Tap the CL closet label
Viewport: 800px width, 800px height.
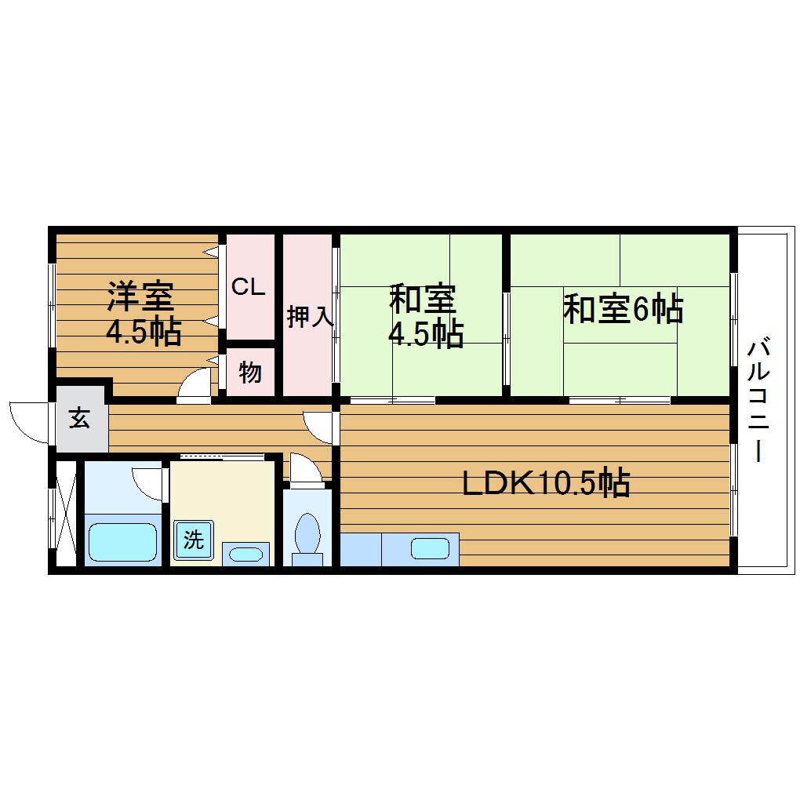pos(248,287)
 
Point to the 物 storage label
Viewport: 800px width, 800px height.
pos(250,373)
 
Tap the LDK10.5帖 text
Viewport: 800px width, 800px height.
pos(546,483)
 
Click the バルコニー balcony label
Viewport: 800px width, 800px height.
pos(758,400)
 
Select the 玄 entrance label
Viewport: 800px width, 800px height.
pos(79,419)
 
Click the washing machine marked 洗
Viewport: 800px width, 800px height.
pos(194,540)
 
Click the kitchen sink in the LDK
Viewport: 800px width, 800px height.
pos(430,548)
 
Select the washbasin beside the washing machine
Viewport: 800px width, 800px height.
pos(246,554)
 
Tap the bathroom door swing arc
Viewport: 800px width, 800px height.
pos(148,481)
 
